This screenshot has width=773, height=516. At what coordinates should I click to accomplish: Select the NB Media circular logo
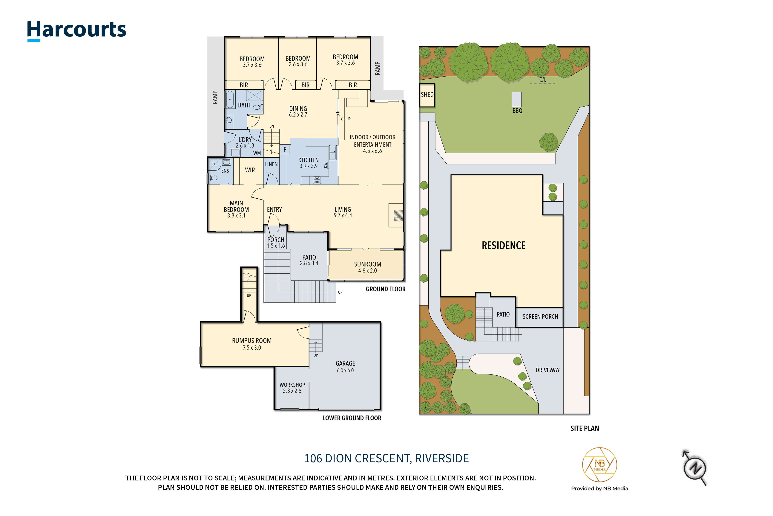coord(599,465)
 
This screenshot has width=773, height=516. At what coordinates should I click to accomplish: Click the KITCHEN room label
coord(308,160)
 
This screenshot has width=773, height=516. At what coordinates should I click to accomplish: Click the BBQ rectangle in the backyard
coord(516,99)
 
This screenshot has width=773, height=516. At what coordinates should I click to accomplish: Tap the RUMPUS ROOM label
coord(252,341)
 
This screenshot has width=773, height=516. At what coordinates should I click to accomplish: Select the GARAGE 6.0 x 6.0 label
coord(345,367)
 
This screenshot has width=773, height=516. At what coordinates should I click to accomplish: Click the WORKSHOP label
coord(292,385)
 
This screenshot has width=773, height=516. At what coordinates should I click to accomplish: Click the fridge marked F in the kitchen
coord(285,149)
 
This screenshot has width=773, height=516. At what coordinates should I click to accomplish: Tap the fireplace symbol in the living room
coord(398,215)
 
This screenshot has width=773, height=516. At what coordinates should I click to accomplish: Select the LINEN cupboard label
coord(271,164)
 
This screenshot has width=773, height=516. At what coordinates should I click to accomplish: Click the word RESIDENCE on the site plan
coord(503,246)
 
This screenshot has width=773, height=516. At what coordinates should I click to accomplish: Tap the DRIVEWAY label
coord(547,370)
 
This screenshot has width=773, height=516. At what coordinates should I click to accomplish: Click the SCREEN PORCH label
coord(540,316)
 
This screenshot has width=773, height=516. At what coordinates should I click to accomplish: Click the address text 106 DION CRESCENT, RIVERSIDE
coord(386,458)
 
